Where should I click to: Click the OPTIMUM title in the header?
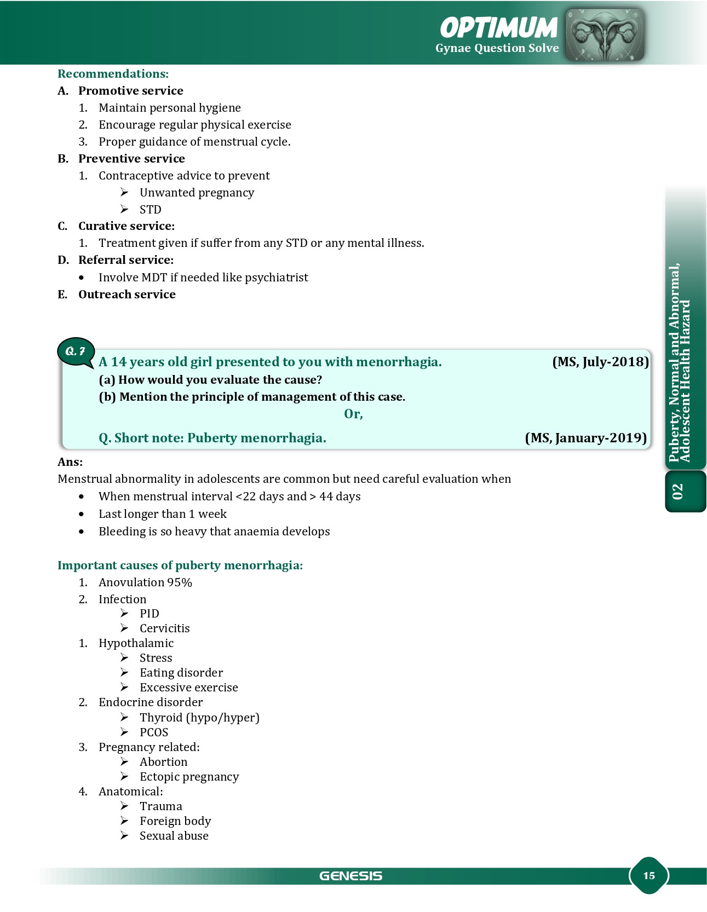point(498,27)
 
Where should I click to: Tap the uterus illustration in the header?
point(605,34)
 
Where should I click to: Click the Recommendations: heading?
point(113,74)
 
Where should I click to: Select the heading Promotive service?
point(130,91)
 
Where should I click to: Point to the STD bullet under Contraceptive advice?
point(150,210)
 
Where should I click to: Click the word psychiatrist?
point(276,278)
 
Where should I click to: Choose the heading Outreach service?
point(127,295)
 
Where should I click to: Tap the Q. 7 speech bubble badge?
point(76,351)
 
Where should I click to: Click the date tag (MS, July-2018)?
point(600,362)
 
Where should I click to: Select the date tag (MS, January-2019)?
point(585,438)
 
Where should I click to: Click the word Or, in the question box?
point(353,414)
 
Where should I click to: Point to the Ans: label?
point(70,462)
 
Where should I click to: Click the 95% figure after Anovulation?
point(180,582)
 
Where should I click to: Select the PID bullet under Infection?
point(149,614)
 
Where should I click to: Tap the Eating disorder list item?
point(181,673)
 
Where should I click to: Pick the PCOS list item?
point(153,732)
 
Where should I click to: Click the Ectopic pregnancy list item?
point(189,777)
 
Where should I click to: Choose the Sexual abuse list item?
point(174,836)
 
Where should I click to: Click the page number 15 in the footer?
point(648,875)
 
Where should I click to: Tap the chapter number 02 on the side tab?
point(678,492)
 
